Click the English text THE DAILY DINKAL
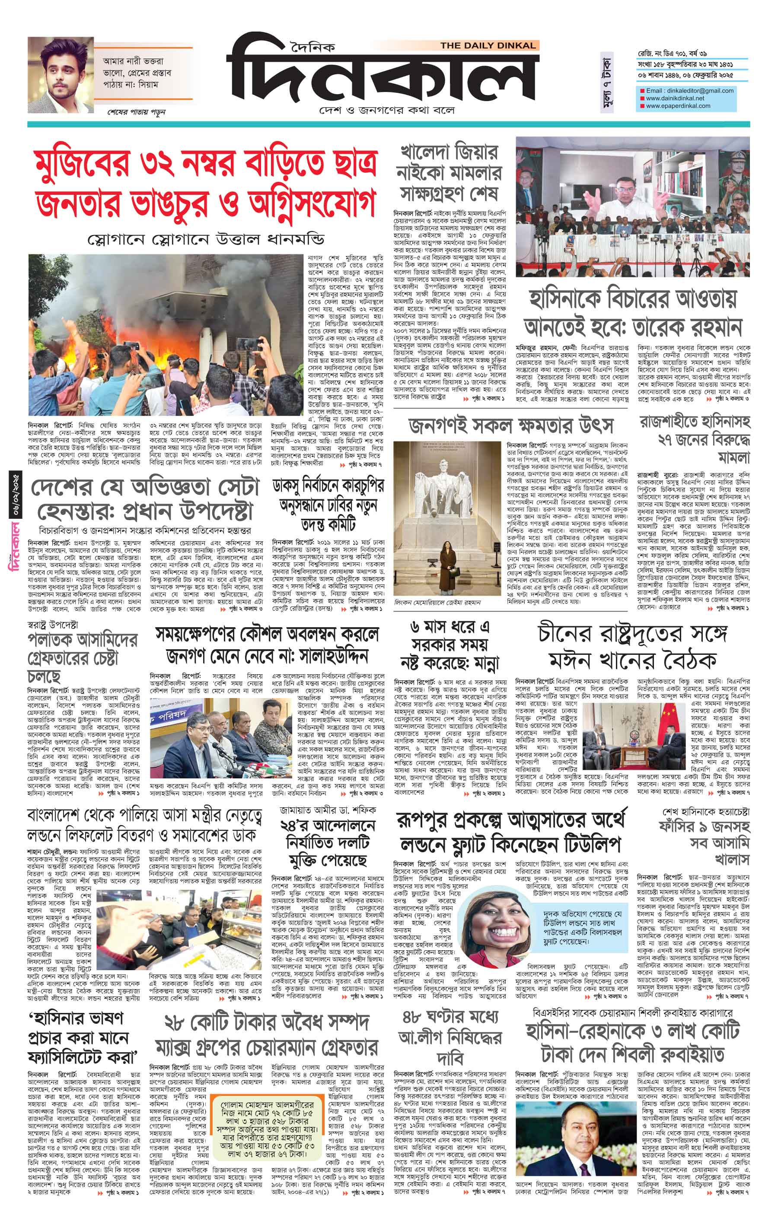click(488, 46)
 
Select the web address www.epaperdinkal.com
click(678, 106)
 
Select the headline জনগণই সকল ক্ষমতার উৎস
click(511, 425)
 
